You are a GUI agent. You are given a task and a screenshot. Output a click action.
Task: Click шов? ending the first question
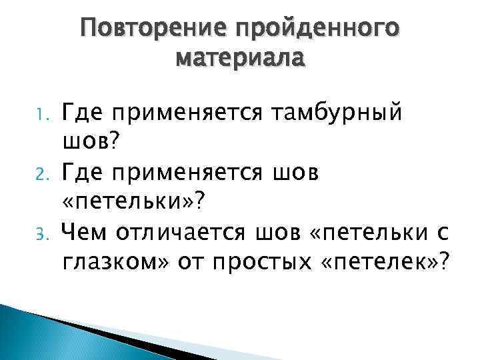tap(91, 141)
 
